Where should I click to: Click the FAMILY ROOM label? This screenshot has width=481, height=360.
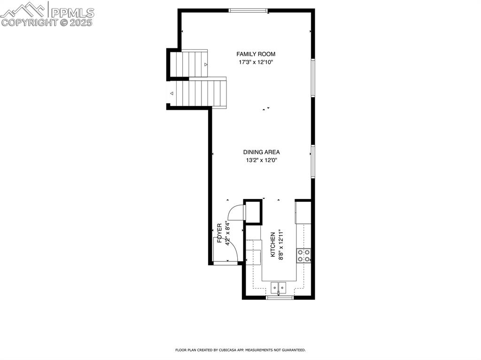point(256,54)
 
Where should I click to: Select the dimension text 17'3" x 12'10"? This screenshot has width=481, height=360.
point(256,62)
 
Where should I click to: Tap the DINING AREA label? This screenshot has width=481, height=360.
point(261,152)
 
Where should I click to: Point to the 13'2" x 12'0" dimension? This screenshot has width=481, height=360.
point(261,160)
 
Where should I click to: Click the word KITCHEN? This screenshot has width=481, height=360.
point(272,244)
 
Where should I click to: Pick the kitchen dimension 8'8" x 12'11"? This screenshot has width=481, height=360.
point(281,244)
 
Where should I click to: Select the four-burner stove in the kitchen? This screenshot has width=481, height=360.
point(303,255)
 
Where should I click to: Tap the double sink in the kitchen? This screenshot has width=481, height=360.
point(279,287)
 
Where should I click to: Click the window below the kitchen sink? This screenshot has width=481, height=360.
point(280,297)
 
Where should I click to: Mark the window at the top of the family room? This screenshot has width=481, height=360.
point(248,10)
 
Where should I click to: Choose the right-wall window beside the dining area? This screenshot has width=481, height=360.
point(313,161)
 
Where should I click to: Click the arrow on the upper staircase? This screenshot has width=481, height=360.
point(206,64)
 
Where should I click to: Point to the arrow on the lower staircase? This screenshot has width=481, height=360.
point(172,93)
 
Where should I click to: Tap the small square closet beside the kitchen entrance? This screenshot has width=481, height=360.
point(252,212)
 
